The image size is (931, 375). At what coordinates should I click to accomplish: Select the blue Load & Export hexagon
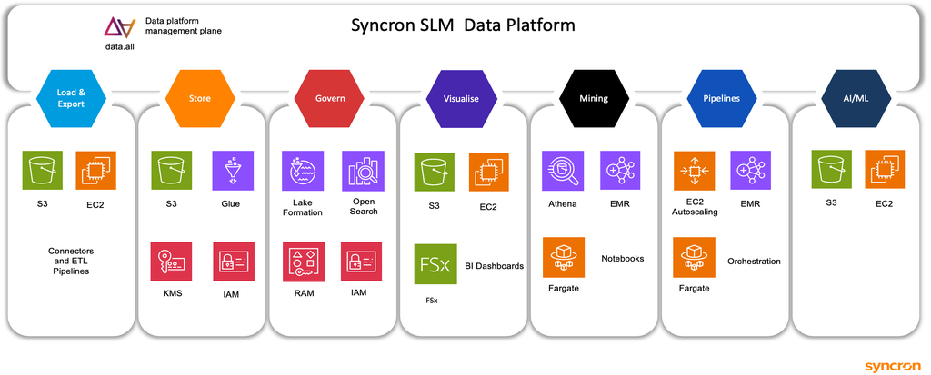71,98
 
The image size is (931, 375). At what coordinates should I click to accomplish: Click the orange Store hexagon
200,98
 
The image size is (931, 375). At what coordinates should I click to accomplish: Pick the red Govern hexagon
330,98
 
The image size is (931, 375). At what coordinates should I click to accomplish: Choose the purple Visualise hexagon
460,98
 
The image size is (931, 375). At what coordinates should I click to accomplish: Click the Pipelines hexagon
722,98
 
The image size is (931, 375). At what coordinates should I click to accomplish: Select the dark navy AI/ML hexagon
851,98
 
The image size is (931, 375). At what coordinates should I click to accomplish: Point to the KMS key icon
171,262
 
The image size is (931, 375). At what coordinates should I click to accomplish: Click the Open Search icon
362,170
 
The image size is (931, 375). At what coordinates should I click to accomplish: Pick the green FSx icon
435,264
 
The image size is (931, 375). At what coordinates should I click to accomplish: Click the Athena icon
562,170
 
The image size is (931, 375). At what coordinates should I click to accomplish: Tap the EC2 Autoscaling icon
694,170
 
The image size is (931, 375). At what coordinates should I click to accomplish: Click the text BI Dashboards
494,266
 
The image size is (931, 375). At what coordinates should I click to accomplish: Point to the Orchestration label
754,262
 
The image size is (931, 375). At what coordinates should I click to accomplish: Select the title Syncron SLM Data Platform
463,25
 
